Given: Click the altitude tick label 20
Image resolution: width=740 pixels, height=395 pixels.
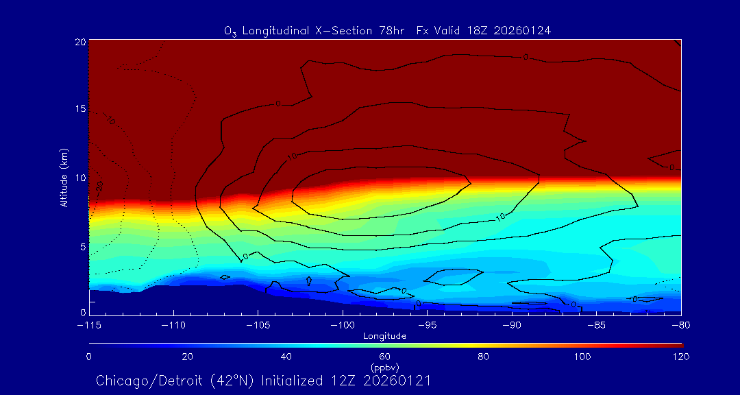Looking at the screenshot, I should tap(80, 42).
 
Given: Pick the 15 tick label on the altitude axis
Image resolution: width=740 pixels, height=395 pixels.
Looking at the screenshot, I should tap(80, 110).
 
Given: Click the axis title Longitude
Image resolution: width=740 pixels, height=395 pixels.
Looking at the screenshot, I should tap(385, 336).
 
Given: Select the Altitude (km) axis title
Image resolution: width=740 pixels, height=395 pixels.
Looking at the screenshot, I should tap(64, 177).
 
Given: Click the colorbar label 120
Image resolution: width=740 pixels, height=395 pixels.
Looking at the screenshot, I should tap(681, 357).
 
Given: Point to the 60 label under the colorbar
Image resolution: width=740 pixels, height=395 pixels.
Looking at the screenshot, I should tap(384, 357).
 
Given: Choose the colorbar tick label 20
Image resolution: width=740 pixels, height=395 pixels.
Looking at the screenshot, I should tap(187, 357).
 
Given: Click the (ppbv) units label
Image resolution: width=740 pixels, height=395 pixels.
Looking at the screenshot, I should tap(384, 367).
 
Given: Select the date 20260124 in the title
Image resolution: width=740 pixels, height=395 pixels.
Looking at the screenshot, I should tap(523, 31).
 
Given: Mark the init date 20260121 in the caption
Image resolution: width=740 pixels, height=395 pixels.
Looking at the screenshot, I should tap(397, 381).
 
